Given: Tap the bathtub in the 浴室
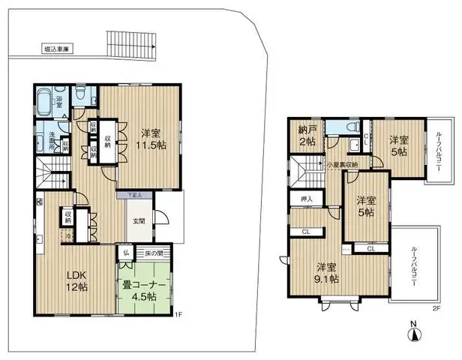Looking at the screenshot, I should (x=43, y=102).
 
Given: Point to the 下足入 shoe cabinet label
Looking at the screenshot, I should (x=134, y=194).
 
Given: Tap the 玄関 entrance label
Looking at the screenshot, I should (x=139, y=220).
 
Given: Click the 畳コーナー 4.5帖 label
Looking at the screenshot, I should (x=145, y=289).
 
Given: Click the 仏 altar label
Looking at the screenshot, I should (x=126, y=253).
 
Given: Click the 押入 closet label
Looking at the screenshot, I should (x=306, y=199).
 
